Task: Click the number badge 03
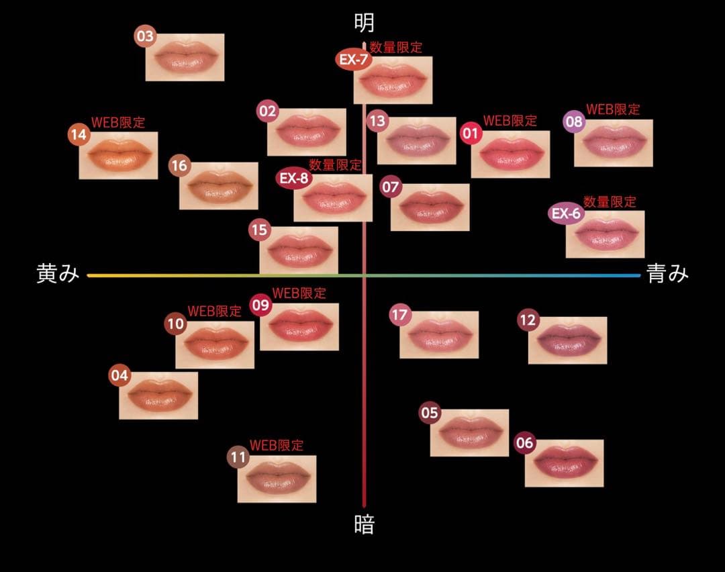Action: click(x=146, y=36)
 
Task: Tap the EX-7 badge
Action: click(x=352, y=60)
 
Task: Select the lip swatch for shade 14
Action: click(x=118, y=155)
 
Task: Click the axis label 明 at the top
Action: click(x=365, y=23)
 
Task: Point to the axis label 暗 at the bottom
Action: click(x=365, y=524)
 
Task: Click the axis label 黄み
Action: click(x=58, y=274)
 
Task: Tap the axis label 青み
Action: click(x=667, y=274)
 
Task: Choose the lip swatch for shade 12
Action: click(x=567, y=340)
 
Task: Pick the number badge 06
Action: click(x=524, y=443)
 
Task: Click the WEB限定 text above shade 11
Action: click(x=277, y=445)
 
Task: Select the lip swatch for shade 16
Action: click(x=219, y=186)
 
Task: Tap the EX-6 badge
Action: click(x=565, y=213)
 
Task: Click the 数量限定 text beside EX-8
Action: click(x=335, y=164)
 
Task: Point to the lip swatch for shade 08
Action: click(x=614, y=143)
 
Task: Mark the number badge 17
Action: click(x=400, y=314)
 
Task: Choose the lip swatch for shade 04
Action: click(x=158, y=395)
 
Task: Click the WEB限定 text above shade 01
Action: click(x=510, y=121)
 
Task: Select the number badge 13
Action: click(x=377, y=121)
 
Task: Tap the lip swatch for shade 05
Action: click(x=469, y=432)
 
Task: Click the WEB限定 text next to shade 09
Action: click(x=299, y=293)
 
